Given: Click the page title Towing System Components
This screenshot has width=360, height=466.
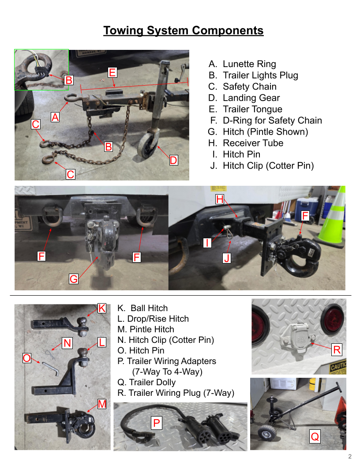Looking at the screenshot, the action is click(x=183, y=30).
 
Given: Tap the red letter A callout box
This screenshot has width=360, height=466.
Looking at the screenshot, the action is click(x=55, y=117).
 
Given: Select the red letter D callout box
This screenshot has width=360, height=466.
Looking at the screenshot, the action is click(x=173, y=160).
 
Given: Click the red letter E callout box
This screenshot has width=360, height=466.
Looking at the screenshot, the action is click(x=112, y=72).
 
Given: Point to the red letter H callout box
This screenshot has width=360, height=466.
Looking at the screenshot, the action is click(x=220, y=199).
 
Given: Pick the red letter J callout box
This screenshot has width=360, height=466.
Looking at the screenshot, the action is click(x=227, y=258).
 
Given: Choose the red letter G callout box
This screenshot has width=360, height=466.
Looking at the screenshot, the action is click(x=73, y=279).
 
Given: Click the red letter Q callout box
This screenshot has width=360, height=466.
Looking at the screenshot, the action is click(x=315, y=436).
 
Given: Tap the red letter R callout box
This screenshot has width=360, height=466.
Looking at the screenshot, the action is click(x=337, y=350).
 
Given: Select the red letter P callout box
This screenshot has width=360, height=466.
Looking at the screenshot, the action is click(x=157, y=423).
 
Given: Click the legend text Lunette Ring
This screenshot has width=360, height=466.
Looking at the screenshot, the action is click(x=250, y=64).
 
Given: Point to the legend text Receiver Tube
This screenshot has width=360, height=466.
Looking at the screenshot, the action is click(x=253, y=143).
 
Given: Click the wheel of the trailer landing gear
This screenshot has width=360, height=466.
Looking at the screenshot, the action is click(x=148, y=145).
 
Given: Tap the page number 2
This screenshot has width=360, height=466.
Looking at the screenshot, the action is click(x=349, y=456).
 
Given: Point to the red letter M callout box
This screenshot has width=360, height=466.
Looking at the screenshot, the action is click(x=102, y=404).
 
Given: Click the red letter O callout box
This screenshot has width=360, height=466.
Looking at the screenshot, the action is click(x=27, y=358).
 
